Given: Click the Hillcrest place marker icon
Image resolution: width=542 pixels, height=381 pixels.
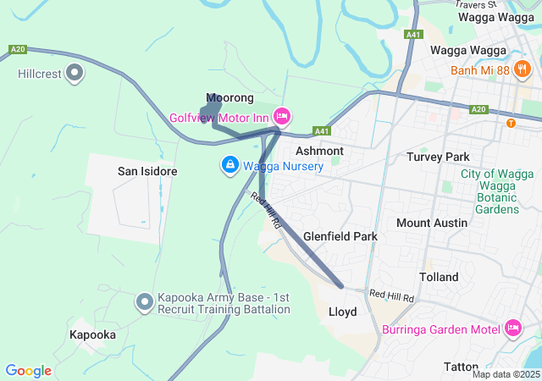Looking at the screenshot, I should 75,74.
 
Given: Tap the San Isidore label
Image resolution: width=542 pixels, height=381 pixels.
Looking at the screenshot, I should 147,171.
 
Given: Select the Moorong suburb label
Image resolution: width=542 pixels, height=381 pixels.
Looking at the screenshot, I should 230,98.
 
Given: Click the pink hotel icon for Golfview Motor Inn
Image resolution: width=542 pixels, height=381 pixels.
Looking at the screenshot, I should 283,116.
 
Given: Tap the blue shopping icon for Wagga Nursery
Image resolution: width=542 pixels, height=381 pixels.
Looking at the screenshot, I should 229,165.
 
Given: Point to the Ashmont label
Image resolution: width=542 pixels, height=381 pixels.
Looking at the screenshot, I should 319,151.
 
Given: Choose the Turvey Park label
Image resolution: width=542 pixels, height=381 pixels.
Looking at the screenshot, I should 438,157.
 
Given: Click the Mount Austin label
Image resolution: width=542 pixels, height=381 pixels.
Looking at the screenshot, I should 432,223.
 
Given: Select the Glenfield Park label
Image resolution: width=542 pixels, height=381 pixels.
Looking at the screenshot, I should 340,236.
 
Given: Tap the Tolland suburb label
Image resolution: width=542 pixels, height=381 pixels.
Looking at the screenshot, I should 439,277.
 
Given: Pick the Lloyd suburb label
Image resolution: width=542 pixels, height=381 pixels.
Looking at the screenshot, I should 342,312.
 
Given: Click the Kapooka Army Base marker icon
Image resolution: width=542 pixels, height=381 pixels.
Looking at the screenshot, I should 146,301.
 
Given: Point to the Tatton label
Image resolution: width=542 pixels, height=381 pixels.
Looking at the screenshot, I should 462,366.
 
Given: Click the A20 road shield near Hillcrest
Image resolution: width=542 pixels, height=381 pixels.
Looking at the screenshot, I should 19,50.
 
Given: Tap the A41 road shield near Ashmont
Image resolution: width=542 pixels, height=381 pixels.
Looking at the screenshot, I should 321,131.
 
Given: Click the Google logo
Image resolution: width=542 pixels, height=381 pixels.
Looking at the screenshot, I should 28,370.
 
